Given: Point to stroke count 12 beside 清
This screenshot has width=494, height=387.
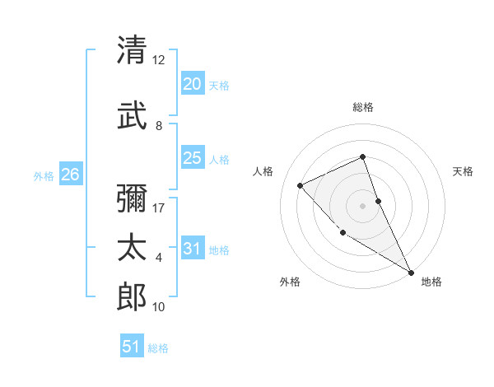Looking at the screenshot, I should (159, 59).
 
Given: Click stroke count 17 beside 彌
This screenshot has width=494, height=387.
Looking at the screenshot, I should (159, 207).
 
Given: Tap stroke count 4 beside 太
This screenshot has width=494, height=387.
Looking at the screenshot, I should (159, 258).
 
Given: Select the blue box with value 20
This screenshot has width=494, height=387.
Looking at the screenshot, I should (192, 84).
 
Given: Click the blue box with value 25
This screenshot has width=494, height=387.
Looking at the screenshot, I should (192, 158).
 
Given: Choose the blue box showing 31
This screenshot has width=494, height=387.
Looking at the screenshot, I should (192, 249).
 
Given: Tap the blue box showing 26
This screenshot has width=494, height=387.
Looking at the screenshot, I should (70, 175).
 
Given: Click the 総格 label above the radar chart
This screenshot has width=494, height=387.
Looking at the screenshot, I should (363, 107).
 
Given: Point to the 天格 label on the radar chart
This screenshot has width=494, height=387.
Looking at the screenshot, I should (464, 171).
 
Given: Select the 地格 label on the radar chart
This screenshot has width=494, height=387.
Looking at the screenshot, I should (431, 282).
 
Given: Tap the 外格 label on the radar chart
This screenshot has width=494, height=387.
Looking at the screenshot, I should (290, 282).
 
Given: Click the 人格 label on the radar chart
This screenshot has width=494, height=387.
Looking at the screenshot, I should (263, 171).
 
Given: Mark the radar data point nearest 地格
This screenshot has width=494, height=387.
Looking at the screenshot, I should (411, 272).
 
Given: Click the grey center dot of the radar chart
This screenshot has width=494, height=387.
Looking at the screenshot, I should (363, 206).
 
